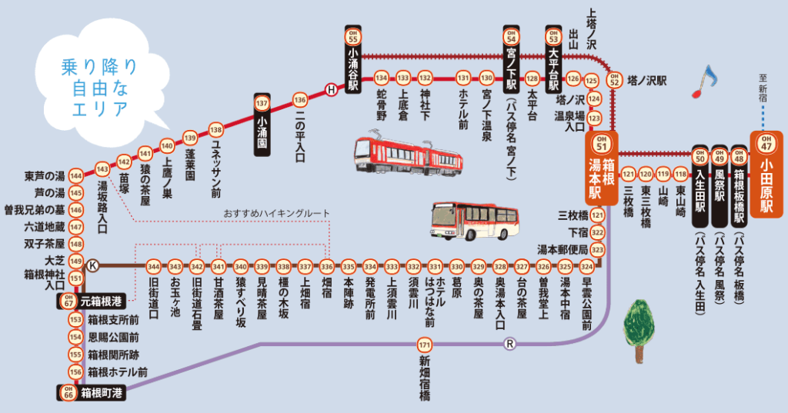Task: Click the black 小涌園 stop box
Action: (262, 125)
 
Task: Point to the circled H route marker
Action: (331, 89)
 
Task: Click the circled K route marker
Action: (93, 265)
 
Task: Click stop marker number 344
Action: (153, 266)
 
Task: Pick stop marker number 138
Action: (215, 129)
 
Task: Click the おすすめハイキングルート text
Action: (276, 212)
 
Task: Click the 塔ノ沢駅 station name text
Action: (646, 79)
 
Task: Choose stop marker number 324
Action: (587, 266)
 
